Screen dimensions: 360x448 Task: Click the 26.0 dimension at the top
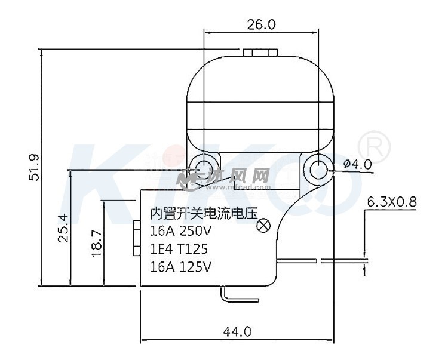coord(262,24)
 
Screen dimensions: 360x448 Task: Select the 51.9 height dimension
coord(34,168)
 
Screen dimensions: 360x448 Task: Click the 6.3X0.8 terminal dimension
coord(391,202)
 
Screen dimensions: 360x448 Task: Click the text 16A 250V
coord(181,230)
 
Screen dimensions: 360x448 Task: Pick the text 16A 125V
coord(181,266)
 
